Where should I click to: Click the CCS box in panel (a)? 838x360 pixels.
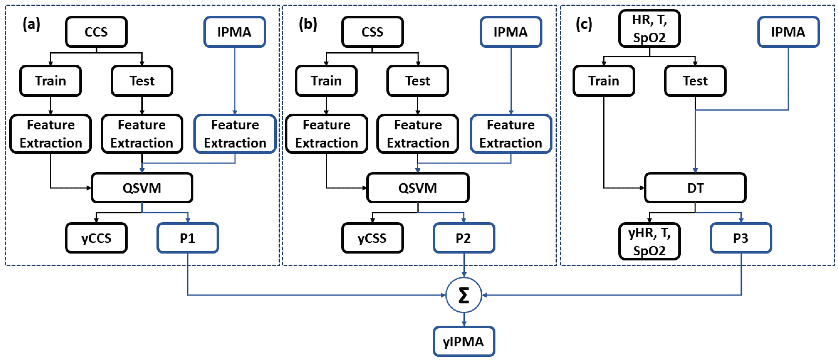96,32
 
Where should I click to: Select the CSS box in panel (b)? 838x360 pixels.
372,32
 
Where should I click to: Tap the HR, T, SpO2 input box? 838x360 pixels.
649,29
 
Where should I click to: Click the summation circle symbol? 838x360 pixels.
463,295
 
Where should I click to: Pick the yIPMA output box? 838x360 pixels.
463,342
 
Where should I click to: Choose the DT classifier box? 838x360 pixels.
695,188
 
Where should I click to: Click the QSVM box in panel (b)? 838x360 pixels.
418,188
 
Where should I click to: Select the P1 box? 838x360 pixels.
188,238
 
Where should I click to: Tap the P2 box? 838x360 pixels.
463,238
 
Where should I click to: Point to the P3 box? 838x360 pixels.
741,238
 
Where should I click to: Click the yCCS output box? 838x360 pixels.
96,238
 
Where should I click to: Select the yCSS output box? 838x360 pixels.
372,238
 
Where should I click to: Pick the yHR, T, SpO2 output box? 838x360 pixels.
649,242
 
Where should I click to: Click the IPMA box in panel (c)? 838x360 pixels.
788,32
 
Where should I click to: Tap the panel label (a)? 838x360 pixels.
31,24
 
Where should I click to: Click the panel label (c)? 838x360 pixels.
584,24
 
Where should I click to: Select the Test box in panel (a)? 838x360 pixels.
142,81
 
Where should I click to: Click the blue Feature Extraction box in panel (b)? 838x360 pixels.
511,134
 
